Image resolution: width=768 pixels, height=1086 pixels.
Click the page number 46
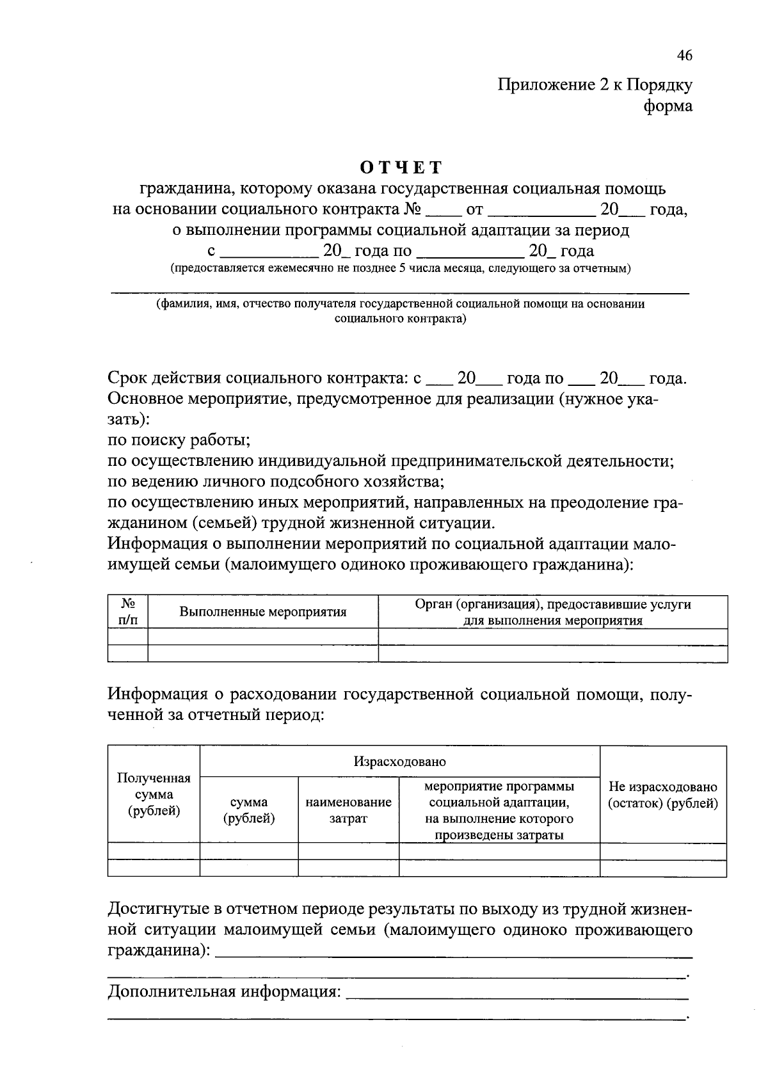click(x=684, y=56)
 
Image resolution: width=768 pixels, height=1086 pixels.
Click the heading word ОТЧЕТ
click(x=401, y=168)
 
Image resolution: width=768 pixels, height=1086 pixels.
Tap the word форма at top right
click(x=668, y=106)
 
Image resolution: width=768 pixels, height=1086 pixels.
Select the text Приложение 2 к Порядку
click(x=595, y=85)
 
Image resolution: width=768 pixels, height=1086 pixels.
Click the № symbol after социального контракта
click(x=412, y=209)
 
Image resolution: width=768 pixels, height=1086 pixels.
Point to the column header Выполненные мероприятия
click(x=262, y=612)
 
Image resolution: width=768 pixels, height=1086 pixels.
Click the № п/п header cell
click(x=128, y=612)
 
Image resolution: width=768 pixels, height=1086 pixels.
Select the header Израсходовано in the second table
click(x=399, y=762)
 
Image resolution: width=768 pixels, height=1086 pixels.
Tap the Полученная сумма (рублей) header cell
click(x=154, y=794)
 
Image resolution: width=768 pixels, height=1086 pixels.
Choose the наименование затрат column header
click(x=348, y=810)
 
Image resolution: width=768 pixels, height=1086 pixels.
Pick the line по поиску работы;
click(x=179, y=440)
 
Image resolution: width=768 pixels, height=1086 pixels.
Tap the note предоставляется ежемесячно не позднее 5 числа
click(x=400, y=269)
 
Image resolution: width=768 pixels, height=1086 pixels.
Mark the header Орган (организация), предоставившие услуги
click(x=552, y=605)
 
